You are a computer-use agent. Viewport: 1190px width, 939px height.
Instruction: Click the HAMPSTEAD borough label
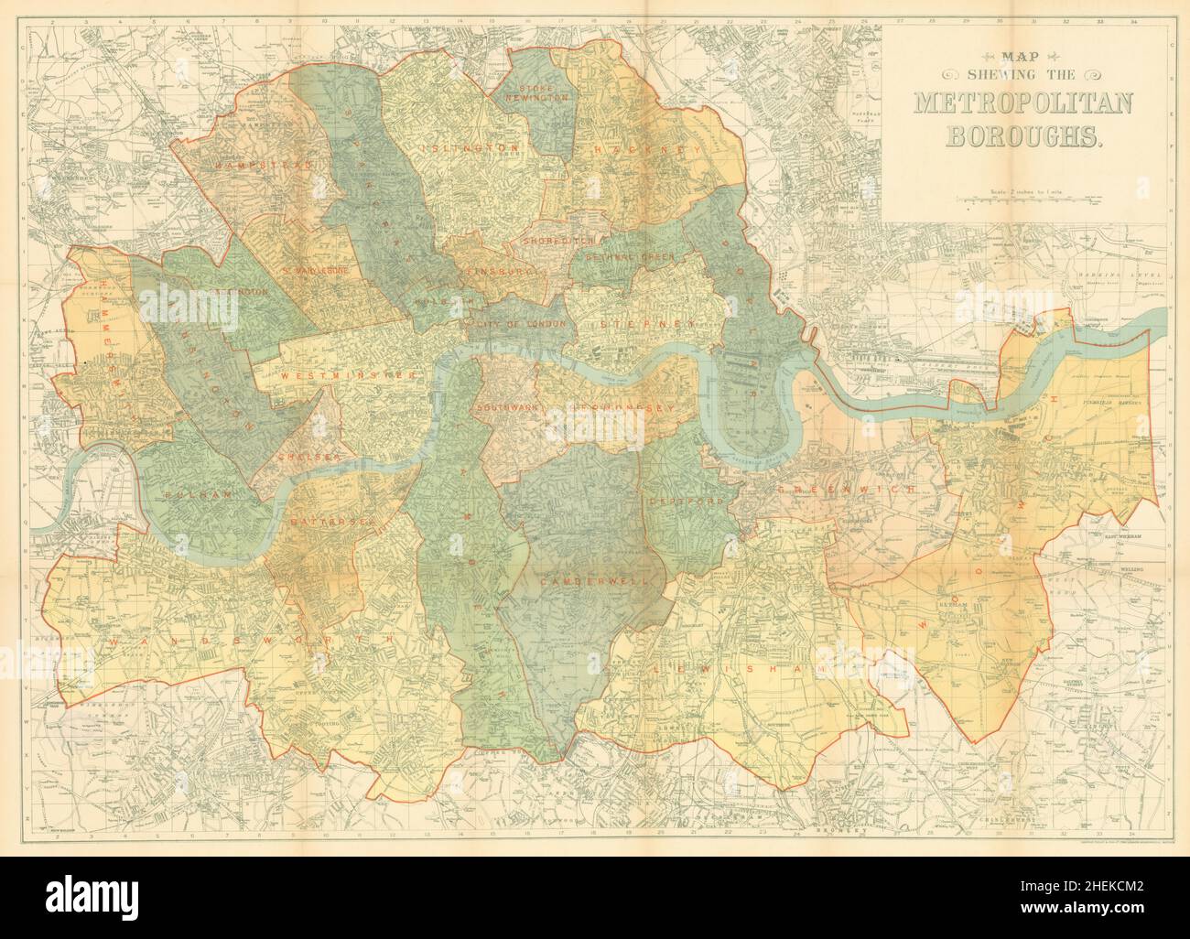point(252,165)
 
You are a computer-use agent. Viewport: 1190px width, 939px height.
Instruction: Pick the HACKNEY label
point(646,149)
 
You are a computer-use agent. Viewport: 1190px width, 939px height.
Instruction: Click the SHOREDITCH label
point(558,240)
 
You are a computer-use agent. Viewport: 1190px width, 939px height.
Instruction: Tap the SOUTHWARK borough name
point(509,406)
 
